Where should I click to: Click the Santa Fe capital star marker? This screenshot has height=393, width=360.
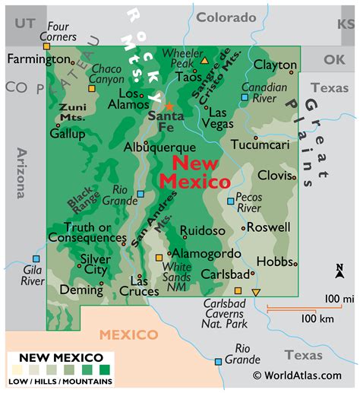pyautogui.click(x=169, y=106)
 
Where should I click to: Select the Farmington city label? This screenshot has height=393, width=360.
pyautogui.click(x=38, y=59)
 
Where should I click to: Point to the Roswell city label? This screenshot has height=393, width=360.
pyautogui.click(x=269, y=227)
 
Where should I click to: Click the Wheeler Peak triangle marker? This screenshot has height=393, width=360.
pyautogui.click(x=204, y=59)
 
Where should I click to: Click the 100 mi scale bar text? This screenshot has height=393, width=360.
pyautogui.click(x=339, y=298)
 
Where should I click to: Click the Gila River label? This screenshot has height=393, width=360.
pyautogui.click(x=32, y=274)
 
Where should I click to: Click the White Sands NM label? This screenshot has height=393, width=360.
pyautogui.click(x=176, y=272)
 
